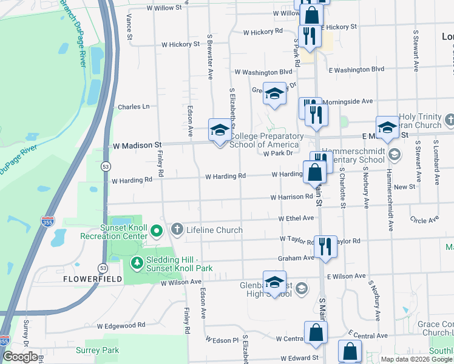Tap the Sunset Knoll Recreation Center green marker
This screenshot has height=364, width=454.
[157, 230]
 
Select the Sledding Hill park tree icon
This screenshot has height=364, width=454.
[137, 263]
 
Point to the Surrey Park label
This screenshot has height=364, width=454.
[97, 350]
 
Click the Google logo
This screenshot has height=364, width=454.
[19, 357]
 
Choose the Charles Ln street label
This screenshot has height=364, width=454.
[134, 107]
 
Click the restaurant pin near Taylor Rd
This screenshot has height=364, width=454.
[326, 245]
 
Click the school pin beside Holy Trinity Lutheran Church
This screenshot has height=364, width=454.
[387, 127]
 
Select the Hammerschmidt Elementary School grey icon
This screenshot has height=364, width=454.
[395, 155]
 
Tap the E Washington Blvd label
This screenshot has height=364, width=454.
[356, 70]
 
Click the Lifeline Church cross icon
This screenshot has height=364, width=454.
[177, 229]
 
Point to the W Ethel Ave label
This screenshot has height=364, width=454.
[296, 218]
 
